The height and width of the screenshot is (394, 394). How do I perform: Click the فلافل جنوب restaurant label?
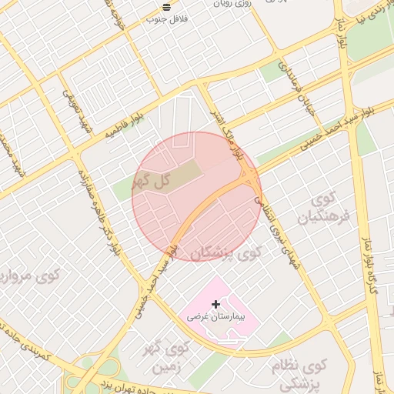(x=168, y=18)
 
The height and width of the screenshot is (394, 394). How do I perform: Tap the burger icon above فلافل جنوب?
(x=168, y=7)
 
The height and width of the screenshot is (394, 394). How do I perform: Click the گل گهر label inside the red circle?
(x=150, y=182)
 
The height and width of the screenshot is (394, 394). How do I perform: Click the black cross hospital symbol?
(x=215, y=305)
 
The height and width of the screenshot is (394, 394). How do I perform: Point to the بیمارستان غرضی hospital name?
(x=214, y=316)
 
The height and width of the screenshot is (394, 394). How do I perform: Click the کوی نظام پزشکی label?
(x=300, y=374)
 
